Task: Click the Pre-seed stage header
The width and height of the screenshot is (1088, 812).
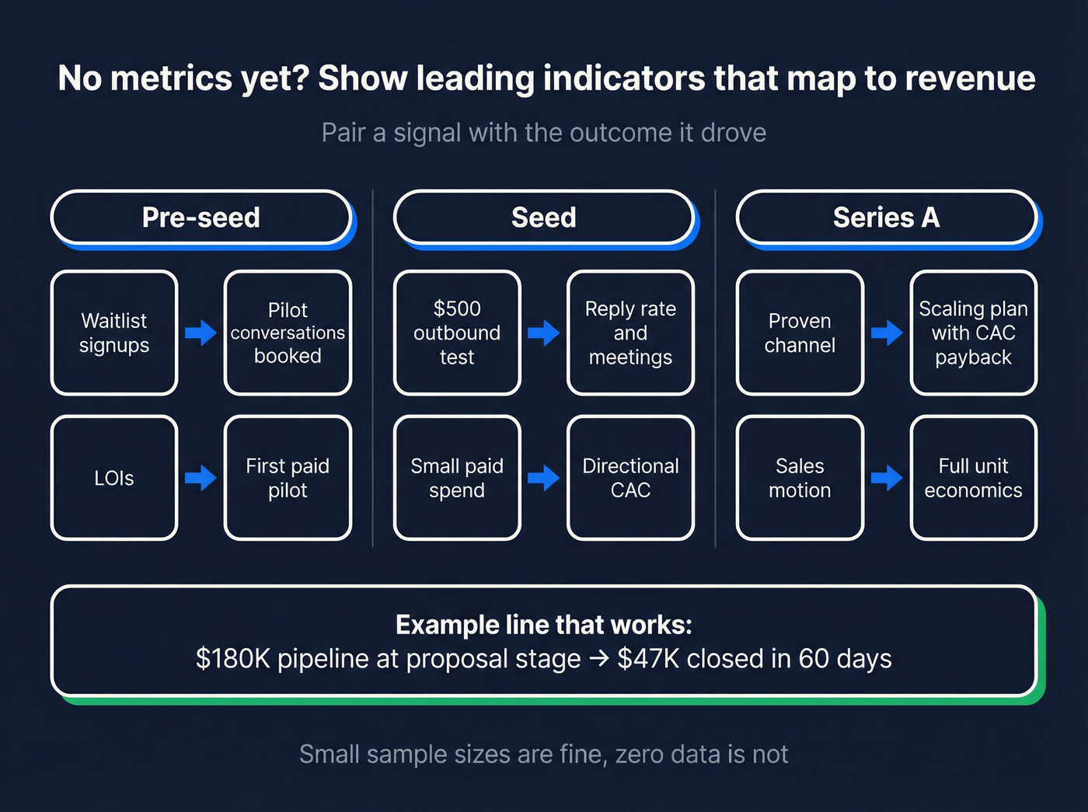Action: pyautogui.click(x=201, y=218)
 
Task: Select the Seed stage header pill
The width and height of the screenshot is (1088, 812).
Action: pyautogui.click(x=543, y=218)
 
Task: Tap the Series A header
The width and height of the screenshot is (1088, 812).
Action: pyautogui.click(x=886, y=218)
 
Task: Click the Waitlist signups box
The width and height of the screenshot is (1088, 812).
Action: pyautogui.click(x=114, y=333)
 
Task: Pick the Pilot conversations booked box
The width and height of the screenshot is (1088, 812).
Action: pyautogui.click(x=288, y=333)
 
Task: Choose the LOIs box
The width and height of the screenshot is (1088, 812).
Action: pyautogui.click(x=114, y=478)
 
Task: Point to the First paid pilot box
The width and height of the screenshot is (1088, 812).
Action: pyautogui.click(x=288, y=478)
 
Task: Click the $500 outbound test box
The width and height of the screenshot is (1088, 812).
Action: pyautogui.click(x=457, y=333)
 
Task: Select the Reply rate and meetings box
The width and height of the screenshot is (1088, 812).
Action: pyautogui.click(x=630, y=333)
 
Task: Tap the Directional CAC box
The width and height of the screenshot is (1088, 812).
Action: pyautogui.click(x=630, y=478)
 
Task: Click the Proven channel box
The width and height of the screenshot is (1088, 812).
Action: pyautogui.click(x=800, y=333)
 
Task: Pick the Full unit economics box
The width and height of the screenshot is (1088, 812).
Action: pyautogui.click(x=973, y=478)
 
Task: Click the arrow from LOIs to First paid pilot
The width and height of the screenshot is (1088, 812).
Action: pyautogui.click(x=201, y=478)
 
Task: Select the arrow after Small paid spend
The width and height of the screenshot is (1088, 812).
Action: pyautogui.click(x=543, y=478)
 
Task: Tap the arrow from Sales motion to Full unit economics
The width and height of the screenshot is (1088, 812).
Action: pyautogui.click(x=886, y=478)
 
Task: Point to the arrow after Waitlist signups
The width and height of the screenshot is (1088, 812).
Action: pyautogui.click(x=201, y=333)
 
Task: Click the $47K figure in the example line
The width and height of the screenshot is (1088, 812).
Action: pyautogui.click(x=649, y=659)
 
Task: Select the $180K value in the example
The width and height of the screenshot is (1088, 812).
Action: pyautogui.click(x=233, y=659)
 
